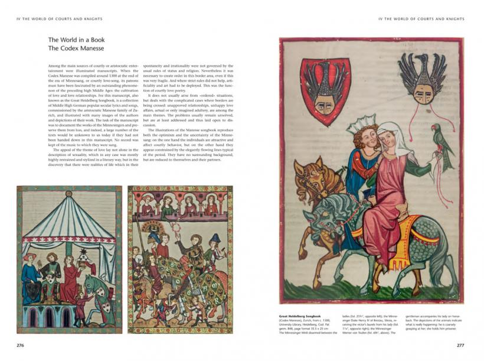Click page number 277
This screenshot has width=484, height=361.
[460, 344]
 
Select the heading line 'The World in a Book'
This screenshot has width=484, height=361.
[76, 40]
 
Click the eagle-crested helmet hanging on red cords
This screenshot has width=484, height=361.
[421, 77]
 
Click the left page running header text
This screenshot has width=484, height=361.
[59, 19]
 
